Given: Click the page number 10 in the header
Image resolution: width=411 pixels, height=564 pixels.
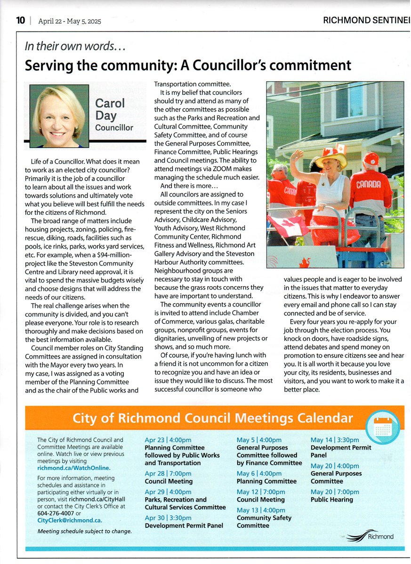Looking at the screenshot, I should [20, 20].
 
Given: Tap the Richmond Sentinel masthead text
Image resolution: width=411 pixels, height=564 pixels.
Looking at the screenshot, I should [366, 20].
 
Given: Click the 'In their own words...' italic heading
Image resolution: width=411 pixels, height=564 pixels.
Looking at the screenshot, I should [75, 47].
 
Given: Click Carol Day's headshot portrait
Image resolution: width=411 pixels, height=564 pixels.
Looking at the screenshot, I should [59, 116].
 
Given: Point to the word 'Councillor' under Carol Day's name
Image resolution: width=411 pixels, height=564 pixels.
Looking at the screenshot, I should [114, 127].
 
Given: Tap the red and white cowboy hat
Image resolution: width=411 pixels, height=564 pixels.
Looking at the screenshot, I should [331, 159].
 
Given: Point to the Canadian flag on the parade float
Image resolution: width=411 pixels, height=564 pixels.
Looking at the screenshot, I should [287, 225].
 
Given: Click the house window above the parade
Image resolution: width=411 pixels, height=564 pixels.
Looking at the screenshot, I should [349, 101].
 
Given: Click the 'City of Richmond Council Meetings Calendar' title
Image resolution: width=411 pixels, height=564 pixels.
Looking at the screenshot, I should [212, 417].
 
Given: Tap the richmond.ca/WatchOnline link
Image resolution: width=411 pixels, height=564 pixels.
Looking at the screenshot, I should [74, 468].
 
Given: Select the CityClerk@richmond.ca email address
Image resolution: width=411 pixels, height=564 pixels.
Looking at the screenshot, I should [70, 520].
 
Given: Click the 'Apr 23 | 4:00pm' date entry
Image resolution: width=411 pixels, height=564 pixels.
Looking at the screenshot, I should [168, 440].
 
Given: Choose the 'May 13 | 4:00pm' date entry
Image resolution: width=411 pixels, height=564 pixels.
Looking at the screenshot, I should [260, 510].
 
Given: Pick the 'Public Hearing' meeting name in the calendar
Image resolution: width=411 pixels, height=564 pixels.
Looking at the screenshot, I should [331, 500].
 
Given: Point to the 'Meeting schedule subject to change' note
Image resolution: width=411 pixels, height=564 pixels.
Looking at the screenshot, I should [84, 531].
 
